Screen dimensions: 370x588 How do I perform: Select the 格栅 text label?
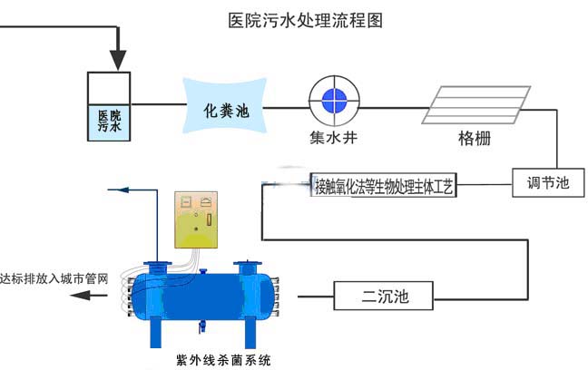click(476, 141)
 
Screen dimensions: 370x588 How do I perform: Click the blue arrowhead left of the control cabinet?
click(113, 190)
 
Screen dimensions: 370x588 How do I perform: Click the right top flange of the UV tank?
click(245, 265)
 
